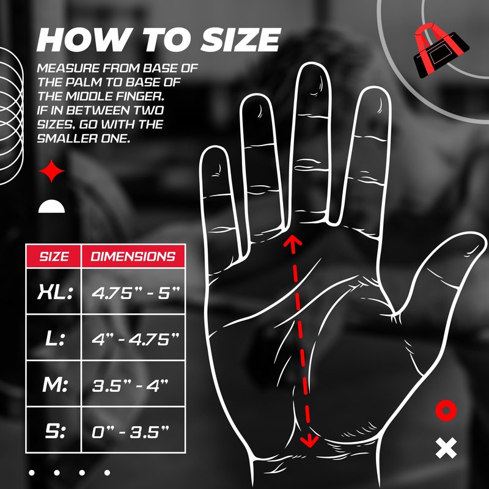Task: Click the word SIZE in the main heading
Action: pyautogui.click(x=240, y=40)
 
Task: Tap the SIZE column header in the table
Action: pyautogui.click(x=54, y=256)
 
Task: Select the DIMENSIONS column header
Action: pyautogui.click(x=133, y=256)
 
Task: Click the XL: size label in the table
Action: pyautogui.click(x=55, y=292)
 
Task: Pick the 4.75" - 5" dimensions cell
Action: pyautogui.click(x=136, y=293)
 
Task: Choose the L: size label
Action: pyautogui.click(x=55, y=339)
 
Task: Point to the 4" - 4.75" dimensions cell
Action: pyautogui.click(x=136, y=339)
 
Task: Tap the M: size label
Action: pyautogui.click(x=55, y=384)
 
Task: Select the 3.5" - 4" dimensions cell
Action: pyautogui.click(x=130, y=386)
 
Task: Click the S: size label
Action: pyautogui.click(x=55, y=431)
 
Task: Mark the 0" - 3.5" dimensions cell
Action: pyautogui.click(x=130, y=432)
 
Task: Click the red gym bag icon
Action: pyautogui.click(x=441, y=51)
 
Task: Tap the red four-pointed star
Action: pyautogui.click(x=51, y=171)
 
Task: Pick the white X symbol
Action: pyautogui.click(x=446, y=448)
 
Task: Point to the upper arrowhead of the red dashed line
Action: pyautogui.click(x=292, y=240)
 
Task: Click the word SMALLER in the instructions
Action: pyautogui.click(x=67, y=139)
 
